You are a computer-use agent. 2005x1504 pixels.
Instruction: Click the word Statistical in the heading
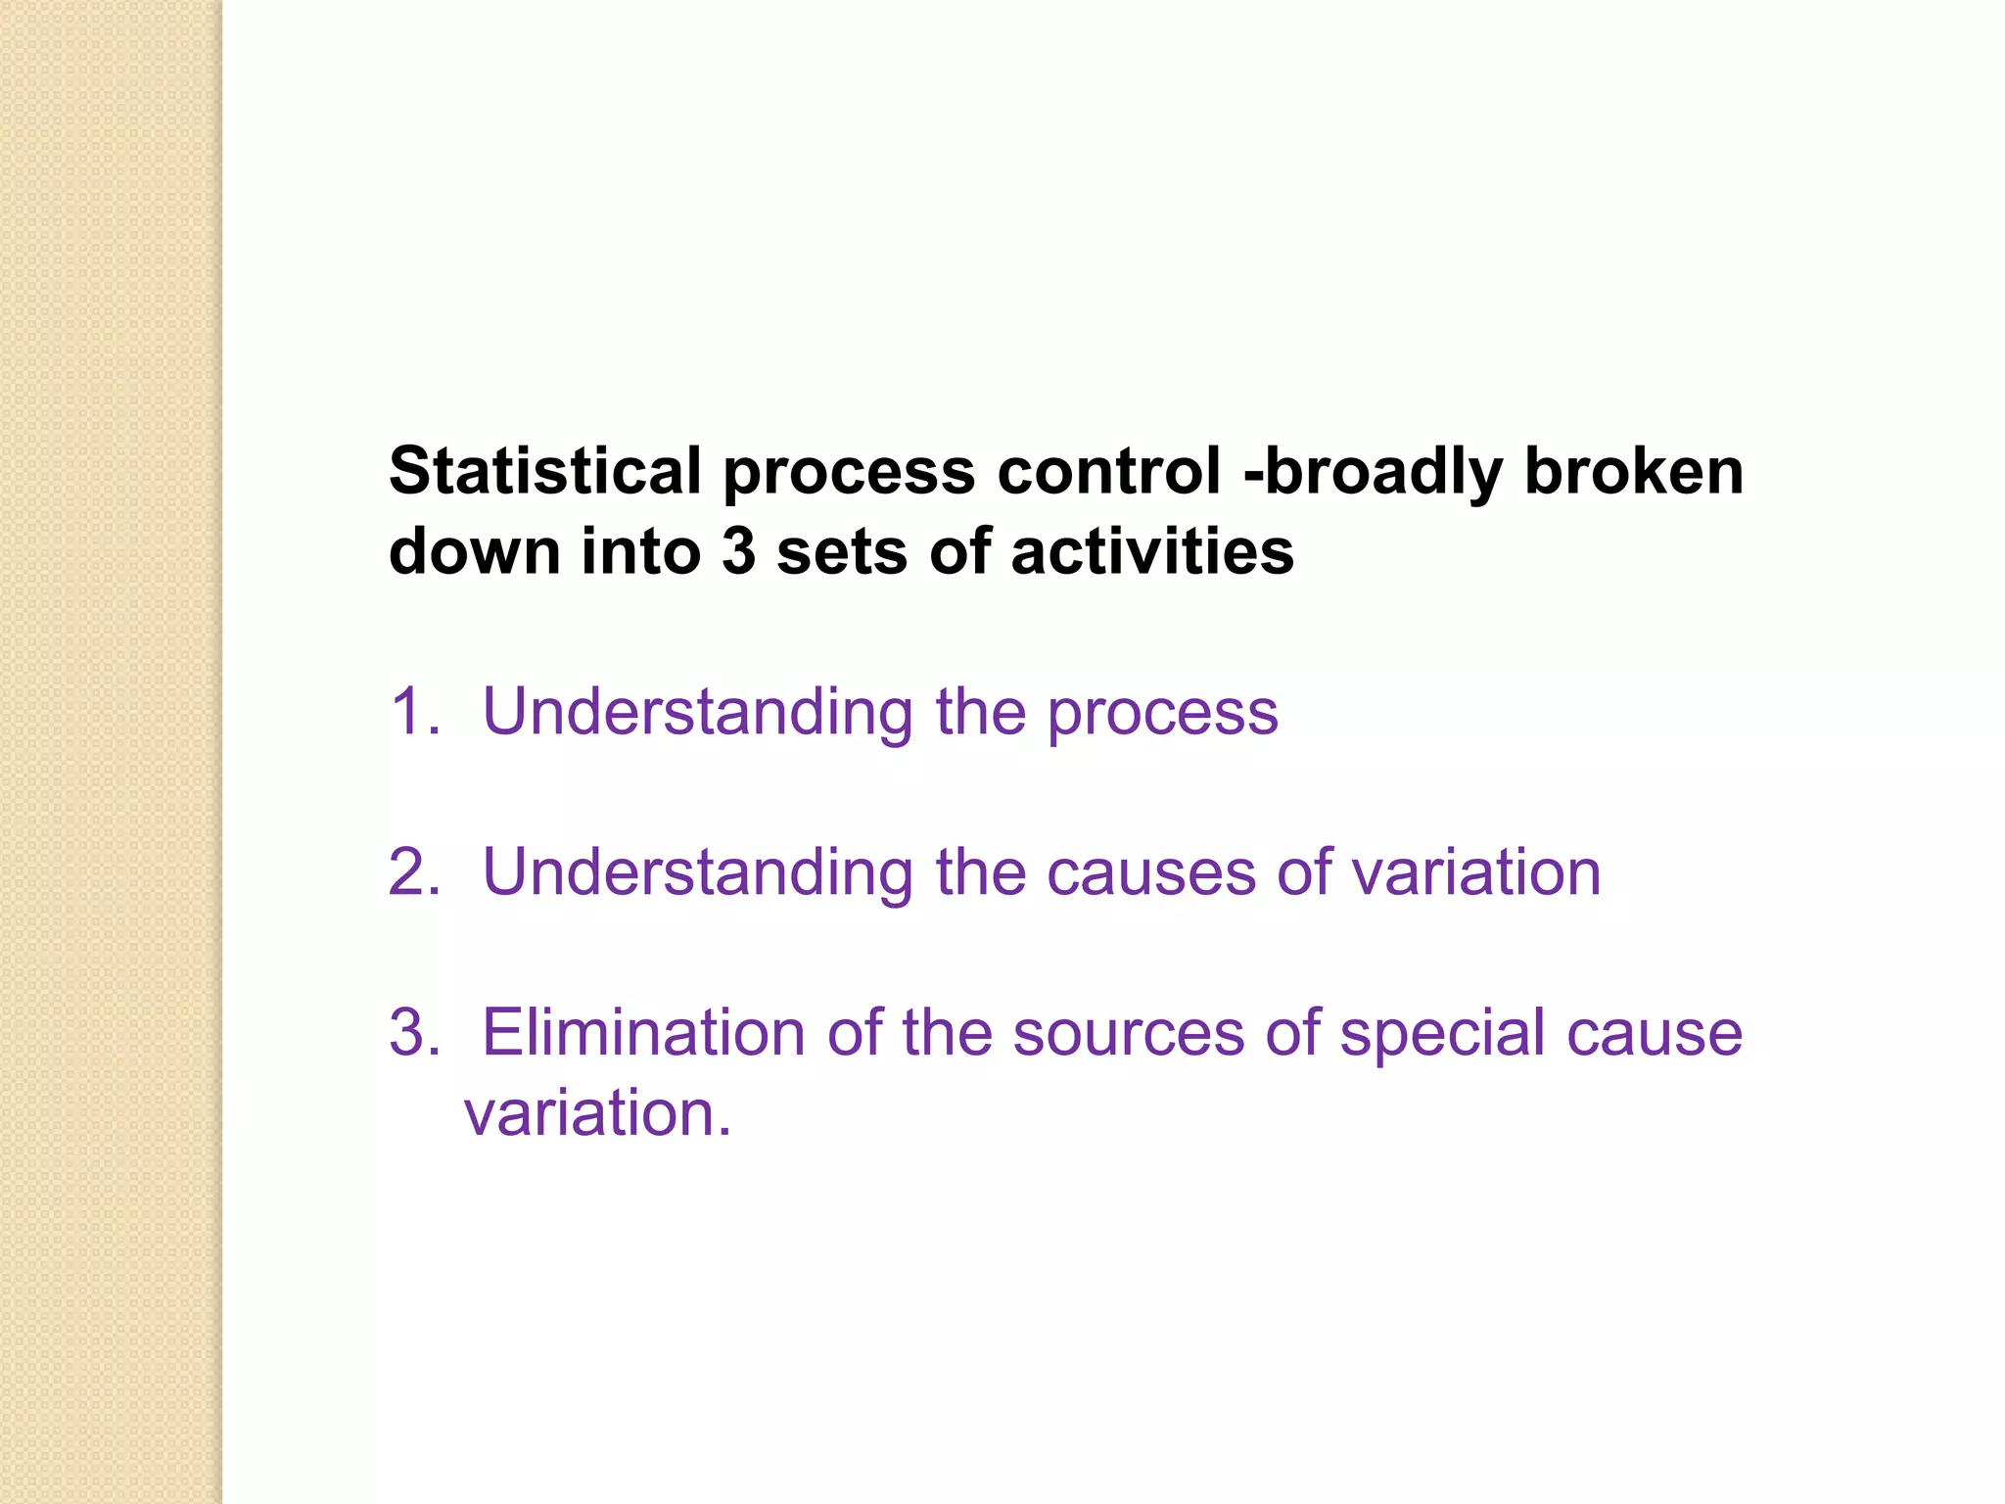tap(545, 471)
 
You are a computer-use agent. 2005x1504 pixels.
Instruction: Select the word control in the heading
tap(1109, 471)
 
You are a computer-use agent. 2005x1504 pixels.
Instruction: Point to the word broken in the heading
tap(1634, 471)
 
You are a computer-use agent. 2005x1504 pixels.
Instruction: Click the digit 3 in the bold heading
tap(738, 551)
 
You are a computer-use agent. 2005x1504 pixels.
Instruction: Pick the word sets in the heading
tap(842, 551)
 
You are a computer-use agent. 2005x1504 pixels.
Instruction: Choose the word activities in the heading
tap(1152, 551)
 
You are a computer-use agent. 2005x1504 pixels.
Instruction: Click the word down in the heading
tap(475, 551)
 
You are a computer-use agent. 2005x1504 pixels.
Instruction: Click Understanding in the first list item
tap(698, 713)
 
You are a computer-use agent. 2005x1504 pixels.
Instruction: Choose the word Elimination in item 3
tap(643, 1032)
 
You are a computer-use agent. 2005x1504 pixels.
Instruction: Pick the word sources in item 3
tap(1127, 1034)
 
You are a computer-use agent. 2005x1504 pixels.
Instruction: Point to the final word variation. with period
tap(598, 1113)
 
